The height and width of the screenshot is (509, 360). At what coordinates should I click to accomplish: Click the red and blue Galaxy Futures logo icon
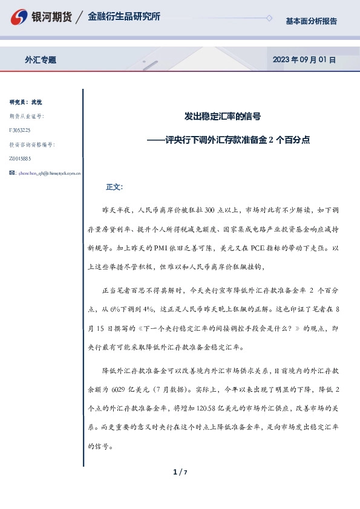click(x=20, y=16)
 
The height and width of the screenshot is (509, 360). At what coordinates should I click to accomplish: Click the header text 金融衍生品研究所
click(x=124, y=16)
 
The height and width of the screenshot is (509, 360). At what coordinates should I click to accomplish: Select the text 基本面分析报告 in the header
click(x=311, y=21)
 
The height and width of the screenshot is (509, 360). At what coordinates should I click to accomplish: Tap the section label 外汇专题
click(x=41, y=60)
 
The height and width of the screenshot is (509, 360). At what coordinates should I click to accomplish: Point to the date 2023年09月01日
click(x=304, y=60)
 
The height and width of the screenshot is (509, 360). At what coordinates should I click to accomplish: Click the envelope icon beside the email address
click(x=13, y=173)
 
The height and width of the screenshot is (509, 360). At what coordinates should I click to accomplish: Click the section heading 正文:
click(x=114, y=187)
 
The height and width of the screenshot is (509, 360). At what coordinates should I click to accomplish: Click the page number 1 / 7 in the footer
click(x=180, y=472)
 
